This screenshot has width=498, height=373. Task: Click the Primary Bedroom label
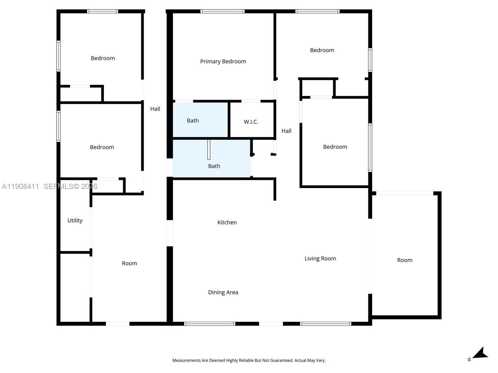(x=223, y=62)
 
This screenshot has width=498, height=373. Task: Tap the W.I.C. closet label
(x=251, y=122)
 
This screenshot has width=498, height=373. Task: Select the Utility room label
(x=75, y=220)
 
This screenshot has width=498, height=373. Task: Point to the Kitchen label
(x=227, y=222)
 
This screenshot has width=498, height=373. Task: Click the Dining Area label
(x=223, y=292)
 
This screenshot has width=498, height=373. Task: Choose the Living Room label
(x=320, y=258)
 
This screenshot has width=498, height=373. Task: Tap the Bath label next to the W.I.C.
(x=193, y=121)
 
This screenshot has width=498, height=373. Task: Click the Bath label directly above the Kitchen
(x=214, y=166)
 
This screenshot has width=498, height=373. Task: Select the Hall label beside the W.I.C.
(x=286, y=131)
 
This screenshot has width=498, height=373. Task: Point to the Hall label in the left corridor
(x=155, y=109)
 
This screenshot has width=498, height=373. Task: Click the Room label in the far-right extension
(x=405, y=260)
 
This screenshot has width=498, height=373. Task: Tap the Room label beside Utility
(x=129, y=263)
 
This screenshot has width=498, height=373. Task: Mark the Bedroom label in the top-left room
(x=102, y=58)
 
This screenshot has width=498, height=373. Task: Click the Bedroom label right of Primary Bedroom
(x=322, y=50)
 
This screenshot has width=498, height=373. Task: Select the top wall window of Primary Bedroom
(x=222, y=12)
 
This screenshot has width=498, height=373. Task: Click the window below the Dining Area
(x=209, y=324)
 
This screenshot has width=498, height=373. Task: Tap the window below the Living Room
(x=326, y=324)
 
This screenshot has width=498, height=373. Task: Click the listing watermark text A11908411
(x=21, y=186)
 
